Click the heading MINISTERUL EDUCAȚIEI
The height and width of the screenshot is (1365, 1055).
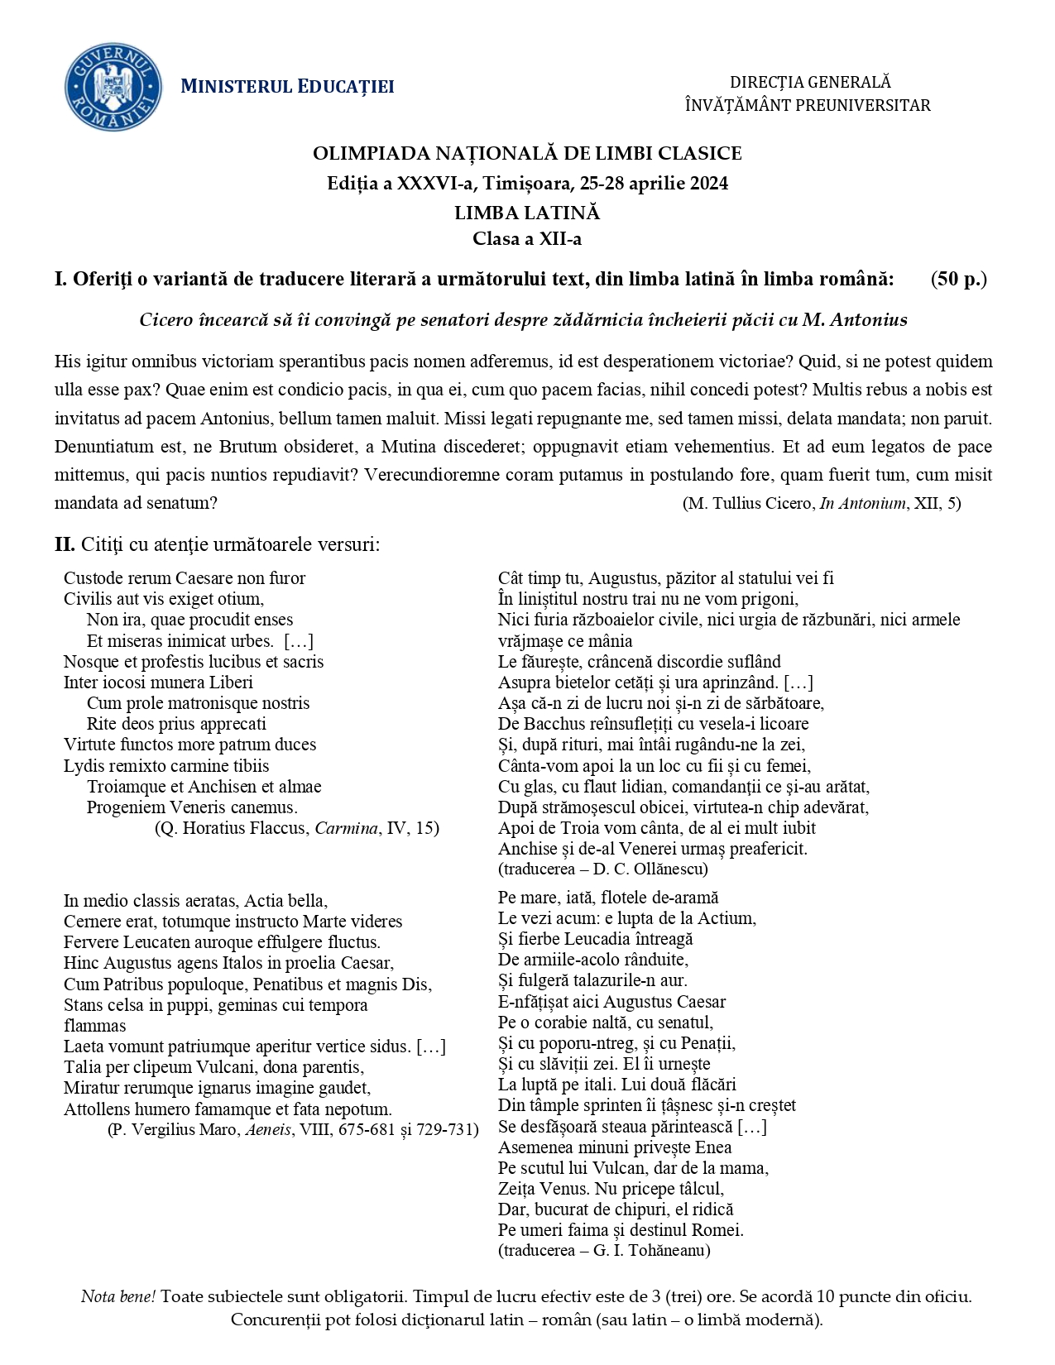(287, 87)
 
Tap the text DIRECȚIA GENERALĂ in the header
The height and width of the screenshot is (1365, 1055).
(810, 82)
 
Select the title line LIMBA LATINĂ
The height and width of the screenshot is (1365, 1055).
(527, 213)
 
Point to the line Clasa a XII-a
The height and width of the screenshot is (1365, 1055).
(527, 239)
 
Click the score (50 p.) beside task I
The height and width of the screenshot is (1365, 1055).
(958, 279)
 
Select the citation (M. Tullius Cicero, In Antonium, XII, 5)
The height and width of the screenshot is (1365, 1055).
(822, 503)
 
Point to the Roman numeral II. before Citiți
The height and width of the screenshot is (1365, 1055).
(65, 544)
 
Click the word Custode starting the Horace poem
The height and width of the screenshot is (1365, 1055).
(94, 578)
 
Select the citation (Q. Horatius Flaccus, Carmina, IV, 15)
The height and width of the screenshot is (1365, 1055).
(297, 828)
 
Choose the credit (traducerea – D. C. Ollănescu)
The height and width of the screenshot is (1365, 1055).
(602, 869)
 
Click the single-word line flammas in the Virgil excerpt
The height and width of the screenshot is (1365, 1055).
(95, 1026)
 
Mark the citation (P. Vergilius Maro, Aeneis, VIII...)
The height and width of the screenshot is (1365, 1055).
(293, 1129)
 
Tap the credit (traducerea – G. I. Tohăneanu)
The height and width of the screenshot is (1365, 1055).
(604, 1250)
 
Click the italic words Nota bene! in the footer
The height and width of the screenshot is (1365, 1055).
(117, 1296)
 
